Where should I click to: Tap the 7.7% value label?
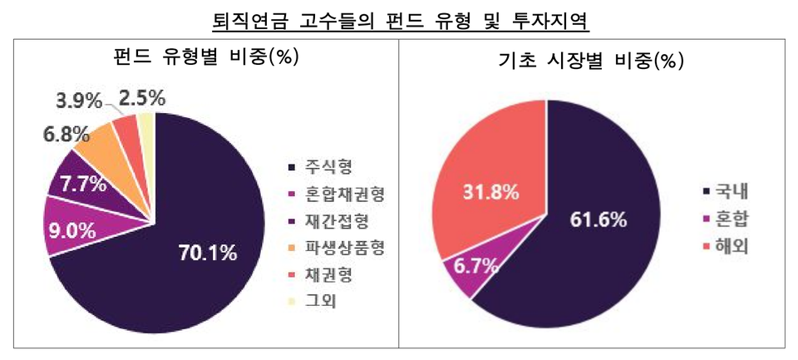[x=83, y=185]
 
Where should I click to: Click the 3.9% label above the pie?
[x=78, y=101]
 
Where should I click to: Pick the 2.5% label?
[x=142, y=100]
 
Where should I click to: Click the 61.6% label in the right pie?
[x=598, y=219]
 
